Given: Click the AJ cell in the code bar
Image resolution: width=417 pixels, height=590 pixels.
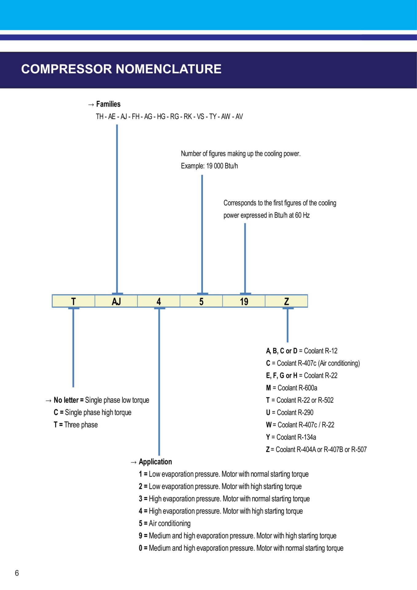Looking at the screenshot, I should [x=116, y=301].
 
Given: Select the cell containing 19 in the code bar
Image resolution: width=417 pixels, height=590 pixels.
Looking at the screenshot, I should [x=244, y=301].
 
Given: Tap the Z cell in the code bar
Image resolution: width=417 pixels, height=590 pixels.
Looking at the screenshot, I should [x=286, y=301].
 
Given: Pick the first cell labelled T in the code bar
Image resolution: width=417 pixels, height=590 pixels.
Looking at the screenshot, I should [x=73, y=301].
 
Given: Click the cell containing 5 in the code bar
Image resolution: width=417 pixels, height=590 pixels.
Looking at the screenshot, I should [x=201, y=301].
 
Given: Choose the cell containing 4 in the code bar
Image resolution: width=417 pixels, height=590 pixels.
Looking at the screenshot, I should [x=158, y=301].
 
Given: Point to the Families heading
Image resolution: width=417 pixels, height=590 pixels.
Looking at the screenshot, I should [x=108, y=104].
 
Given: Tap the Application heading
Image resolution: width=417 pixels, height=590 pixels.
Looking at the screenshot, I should [x=155, y=462].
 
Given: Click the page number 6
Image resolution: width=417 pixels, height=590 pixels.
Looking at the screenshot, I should [x=17, y=573].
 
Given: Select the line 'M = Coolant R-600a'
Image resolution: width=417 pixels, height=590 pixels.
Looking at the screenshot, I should [x=291, y=388].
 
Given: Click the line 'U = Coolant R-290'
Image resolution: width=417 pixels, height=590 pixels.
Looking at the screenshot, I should [x=290, y=412].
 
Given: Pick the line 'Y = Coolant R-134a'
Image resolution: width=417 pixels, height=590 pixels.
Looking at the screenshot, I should [x=291, y=437].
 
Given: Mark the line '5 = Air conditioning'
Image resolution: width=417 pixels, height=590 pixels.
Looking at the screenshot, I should [x=165, y=523].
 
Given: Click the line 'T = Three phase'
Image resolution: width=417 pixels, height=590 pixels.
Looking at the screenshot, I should [x=76, y=425].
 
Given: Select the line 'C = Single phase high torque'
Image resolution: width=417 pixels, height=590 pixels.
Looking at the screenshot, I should [x=92, y=412].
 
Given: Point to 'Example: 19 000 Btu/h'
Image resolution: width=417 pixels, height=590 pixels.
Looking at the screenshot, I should [x=209, y=166].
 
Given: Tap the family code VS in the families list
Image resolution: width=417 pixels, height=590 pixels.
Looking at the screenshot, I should [x=200, y=116].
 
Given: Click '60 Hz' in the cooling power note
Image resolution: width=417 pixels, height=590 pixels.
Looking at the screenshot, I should [x=302, y=215].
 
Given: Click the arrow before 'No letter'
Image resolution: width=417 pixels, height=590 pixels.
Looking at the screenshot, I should [x=49, y=400].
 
